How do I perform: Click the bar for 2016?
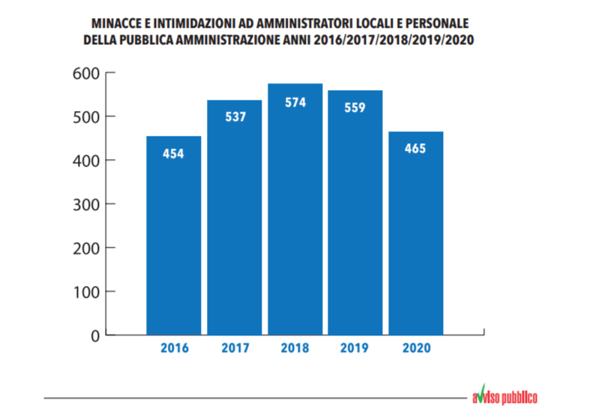(x=173, y=240)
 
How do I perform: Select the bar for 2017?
(x=234, y=225)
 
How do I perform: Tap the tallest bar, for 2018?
(x=295, y=218)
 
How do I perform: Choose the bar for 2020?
(x=415, y=240)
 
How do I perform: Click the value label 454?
(x=173, y=154)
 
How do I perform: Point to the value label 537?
(x=234, y=118)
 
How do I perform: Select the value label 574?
(x=295, y=102)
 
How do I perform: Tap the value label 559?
(x=355, y=107)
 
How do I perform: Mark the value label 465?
(x=415, y=149)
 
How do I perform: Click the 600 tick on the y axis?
(x=86, y=73)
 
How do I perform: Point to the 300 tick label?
(x=86, y=204)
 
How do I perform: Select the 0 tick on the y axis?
(x=95, y=335)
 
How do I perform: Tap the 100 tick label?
(x=86, y=291)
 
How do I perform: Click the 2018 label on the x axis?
(x=295, y=348)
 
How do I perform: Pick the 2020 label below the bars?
(x=415, y=348)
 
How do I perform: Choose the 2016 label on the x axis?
(x=173, y=348)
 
